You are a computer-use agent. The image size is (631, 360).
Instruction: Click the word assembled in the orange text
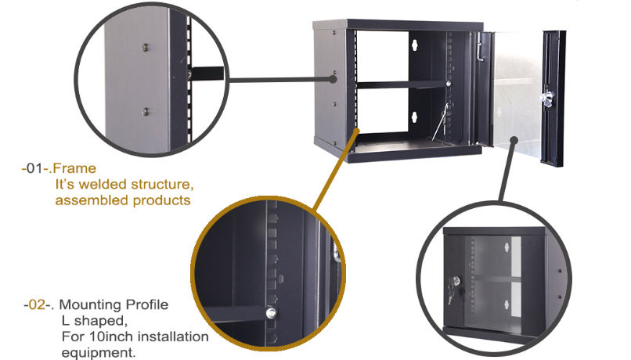pyautogui.click(x=85, y=200)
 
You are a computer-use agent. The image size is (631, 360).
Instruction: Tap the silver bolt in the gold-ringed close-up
pyautogui.click(x=271, y=314)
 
